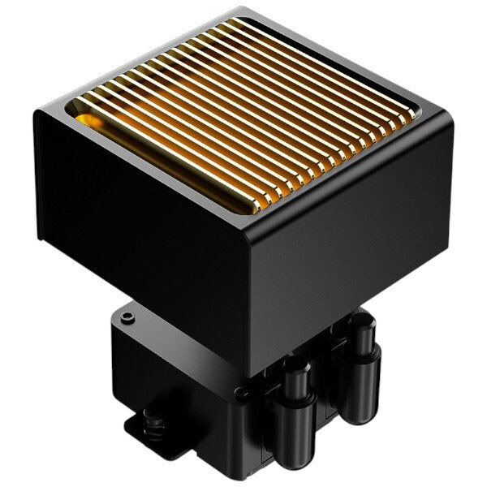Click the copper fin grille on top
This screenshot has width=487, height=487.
(243, 114)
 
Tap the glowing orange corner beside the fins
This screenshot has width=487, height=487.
(91, 122)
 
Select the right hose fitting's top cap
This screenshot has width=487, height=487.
(359, 325)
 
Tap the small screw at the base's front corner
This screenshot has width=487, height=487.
(241, 394)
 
